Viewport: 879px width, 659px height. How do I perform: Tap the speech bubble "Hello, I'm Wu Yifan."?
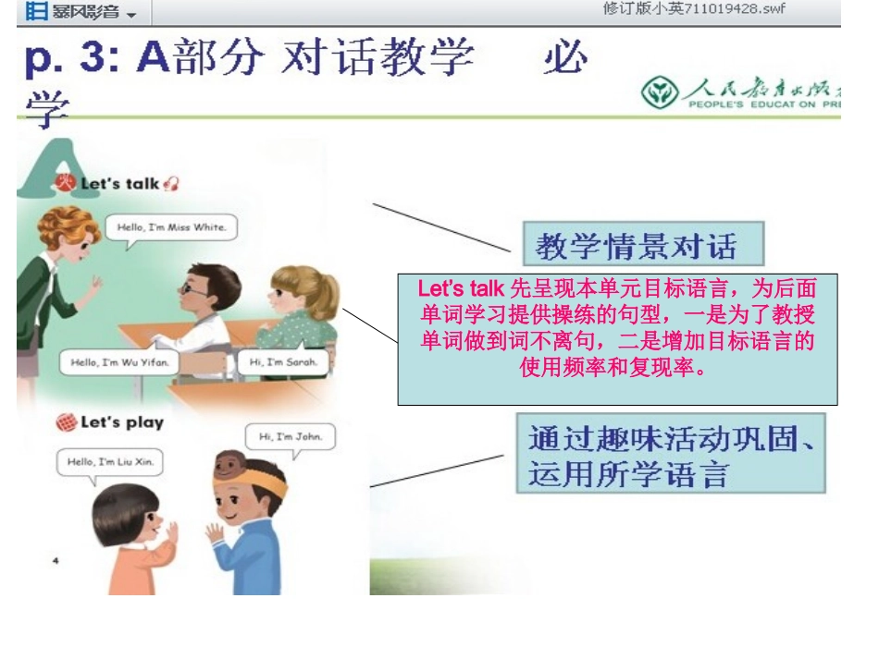119,362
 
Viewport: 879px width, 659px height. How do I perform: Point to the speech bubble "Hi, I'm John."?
290,436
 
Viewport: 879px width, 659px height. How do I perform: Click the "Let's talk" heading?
119,183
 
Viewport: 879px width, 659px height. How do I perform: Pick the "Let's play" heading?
121,422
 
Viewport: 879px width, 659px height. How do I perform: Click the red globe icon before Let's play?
66,423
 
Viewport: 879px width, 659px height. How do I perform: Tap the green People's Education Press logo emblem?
659,93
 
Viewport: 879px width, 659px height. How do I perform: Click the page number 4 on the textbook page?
56,560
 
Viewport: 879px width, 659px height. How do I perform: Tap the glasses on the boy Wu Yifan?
195,287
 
